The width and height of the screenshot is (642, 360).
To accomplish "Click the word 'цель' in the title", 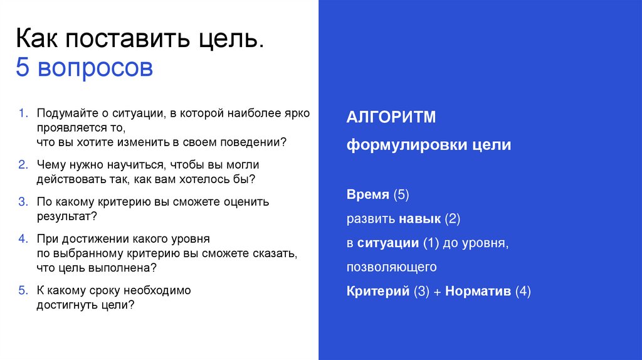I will coord(228,39).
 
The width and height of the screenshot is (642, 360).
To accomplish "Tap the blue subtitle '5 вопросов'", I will coord(84,68).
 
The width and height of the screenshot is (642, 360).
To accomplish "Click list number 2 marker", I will coord(23,165).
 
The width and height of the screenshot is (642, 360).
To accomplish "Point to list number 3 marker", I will coord(23,202).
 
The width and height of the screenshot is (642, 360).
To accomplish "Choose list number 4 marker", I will coord(23,239).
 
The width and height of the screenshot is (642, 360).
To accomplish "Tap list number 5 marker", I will coord(23,291).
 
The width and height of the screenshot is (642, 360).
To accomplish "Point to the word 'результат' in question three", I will coord(64,216).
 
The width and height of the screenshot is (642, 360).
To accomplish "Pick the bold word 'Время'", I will coord(368,195).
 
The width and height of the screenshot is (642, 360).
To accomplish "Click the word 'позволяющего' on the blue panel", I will coord(391,268).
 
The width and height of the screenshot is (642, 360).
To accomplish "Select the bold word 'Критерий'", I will coord(377,292).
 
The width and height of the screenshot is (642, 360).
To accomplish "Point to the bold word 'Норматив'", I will coord(478,292).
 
